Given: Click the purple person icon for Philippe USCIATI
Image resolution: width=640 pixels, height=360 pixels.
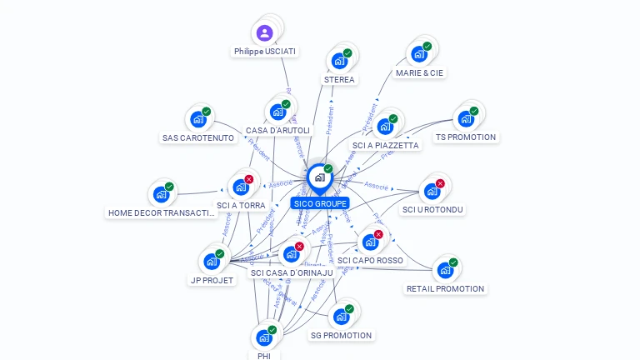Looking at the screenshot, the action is pyautogui.click(x=264, y=33).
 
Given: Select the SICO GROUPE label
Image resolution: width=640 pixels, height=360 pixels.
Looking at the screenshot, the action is pyautogui.click(x=320, y=203).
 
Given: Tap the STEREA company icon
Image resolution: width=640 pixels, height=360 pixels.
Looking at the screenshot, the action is pyautogui.click(x=339, y=61).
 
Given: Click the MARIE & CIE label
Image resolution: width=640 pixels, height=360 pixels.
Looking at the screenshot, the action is pyautogui.click(x=420, y=72).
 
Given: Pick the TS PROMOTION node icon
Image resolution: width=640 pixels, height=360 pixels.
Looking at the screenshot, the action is pyautogui.click(x=466, y=118).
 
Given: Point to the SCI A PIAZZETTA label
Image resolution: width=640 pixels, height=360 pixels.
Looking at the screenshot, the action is pyautogui.click(x=386, y=145).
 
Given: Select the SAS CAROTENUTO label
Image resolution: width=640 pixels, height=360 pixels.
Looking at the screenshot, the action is pyautogui.click(x=198, y=137).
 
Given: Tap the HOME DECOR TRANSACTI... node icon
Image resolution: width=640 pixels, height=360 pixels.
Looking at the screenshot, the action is pyautogui.click(x=161, y=194).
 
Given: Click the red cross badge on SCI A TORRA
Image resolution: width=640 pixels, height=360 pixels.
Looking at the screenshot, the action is pyautogui.click(x=248, y=179).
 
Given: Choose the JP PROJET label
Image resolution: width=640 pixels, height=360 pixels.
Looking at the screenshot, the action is pyautogui.click(x=212, y=280).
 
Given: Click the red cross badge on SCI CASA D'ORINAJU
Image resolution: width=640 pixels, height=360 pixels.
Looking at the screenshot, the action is pyautogui.click(x=299, y=246).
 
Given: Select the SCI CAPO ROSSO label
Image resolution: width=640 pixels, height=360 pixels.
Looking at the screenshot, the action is pyautogui.click(x=370, y=260).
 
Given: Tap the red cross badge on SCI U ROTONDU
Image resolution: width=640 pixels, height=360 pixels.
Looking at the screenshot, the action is pyautogui.click(x=440, y=183).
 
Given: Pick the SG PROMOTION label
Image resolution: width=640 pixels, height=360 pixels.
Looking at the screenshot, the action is pyautogui.click(x=341, y=335).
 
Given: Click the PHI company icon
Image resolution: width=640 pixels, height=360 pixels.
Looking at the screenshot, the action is pyautogui.click(x=264, y=337).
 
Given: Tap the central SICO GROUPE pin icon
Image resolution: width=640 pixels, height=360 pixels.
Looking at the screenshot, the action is pyautogui.click(x=319, y=177).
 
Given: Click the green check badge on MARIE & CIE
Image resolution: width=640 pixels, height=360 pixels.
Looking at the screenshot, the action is pyautogui.click(x=427, y=47).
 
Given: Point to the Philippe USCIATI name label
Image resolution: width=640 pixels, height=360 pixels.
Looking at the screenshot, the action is pyautogui.click(x=265, y=52).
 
